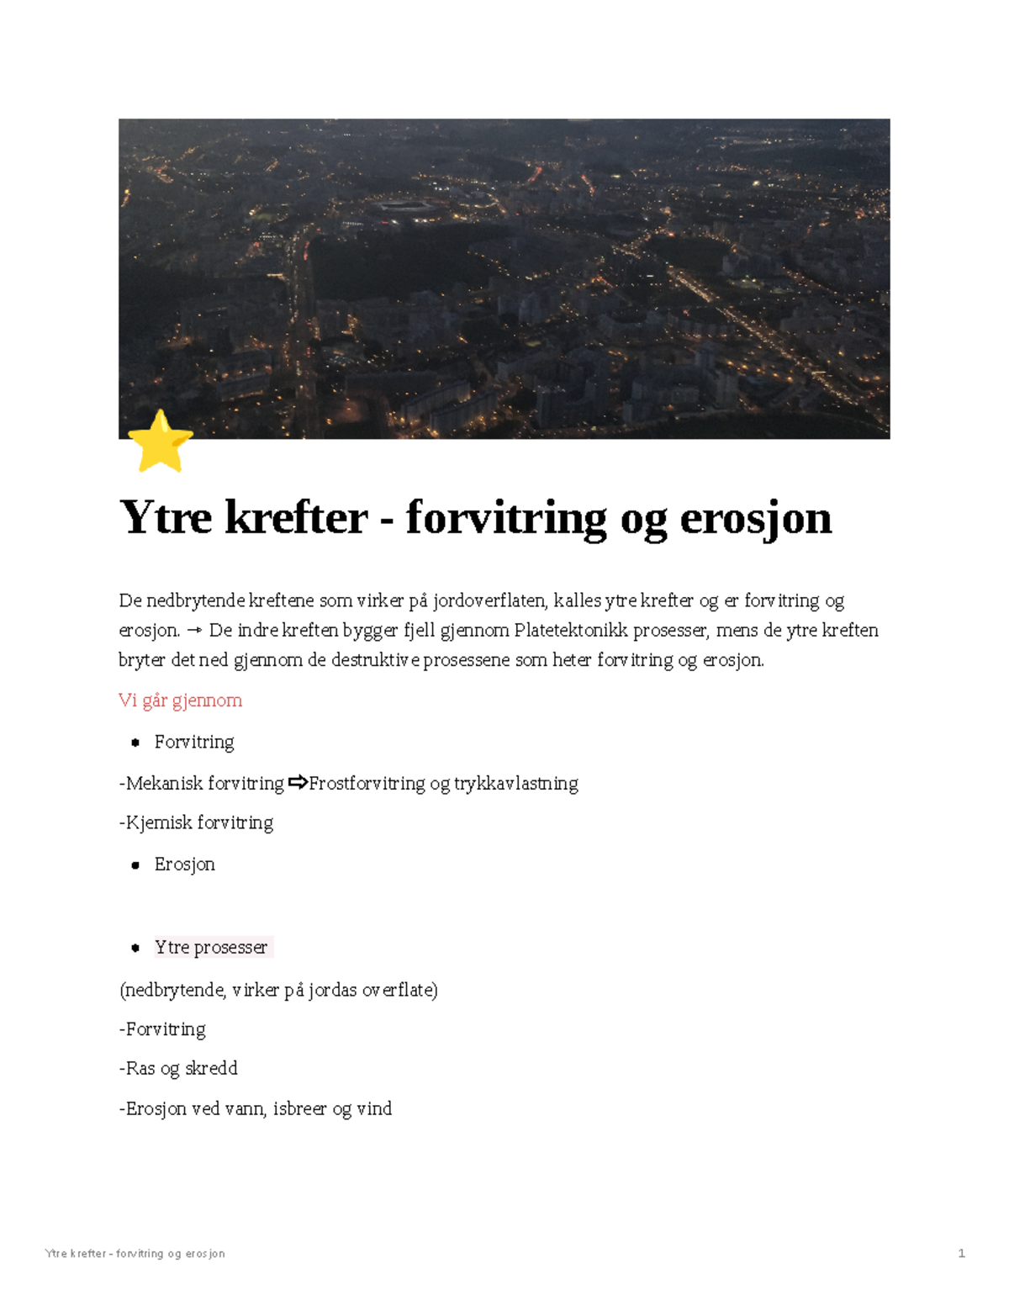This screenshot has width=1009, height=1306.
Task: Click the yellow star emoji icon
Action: click(x=160, y=442)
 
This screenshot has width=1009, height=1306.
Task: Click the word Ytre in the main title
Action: click(x=166, y=516)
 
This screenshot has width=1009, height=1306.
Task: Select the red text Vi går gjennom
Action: click(x=180, y=701)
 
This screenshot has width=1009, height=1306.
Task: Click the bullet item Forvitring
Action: click(x=194, y=742)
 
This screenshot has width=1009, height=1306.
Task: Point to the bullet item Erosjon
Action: click(x=184, y=864)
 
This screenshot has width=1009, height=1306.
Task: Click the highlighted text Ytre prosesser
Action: click(x=211, y=947)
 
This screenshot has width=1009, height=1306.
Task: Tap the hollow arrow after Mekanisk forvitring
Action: click(x=298, y=783)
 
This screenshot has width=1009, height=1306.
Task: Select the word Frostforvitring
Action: click(x=367, y=784)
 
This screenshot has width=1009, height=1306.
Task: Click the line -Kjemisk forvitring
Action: click(x=196, y=822)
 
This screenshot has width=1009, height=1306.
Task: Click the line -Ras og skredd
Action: click(x=178, y=1068)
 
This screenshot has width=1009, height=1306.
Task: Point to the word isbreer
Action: click(x=300, y=1108)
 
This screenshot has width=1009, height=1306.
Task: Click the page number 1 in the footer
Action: click(x=961, y=1253)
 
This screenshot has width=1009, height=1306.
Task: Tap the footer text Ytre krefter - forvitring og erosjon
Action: click(x=135, y=1253)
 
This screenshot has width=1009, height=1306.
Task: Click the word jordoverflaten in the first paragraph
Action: click(x=489, y=600)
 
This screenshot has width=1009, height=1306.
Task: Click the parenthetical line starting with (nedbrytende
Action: click(x=278, y=990)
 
